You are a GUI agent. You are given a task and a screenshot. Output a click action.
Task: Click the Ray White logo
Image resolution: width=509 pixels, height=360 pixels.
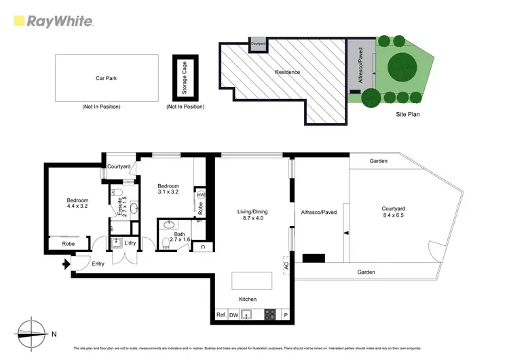point(53,21)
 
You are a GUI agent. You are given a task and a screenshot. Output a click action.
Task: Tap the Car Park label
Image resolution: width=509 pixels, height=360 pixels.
point(106,78)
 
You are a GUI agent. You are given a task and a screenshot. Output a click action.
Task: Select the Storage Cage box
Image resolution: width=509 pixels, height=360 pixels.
point(185,78)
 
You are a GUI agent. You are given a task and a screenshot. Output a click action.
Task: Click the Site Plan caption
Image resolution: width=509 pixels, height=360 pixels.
point(408,115)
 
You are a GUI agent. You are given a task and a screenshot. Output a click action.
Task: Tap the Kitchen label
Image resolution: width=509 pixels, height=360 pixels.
point(248,300)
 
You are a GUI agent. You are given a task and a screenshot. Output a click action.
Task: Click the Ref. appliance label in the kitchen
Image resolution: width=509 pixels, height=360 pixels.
point(221,315)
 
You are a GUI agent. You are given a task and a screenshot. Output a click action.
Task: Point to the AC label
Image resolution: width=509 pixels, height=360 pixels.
point(286,266)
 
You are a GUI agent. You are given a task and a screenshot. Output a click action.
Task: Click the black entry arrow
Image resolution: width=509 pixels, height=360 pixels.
point(66,264)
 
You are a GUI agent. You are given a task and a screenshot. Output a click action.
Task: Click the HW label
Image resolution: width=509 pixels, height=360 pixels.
point(200,196)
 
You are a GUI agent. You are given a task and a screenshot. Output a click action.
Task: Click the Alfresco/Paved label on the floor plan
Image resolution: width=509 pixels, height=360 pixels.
point(318,212)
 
